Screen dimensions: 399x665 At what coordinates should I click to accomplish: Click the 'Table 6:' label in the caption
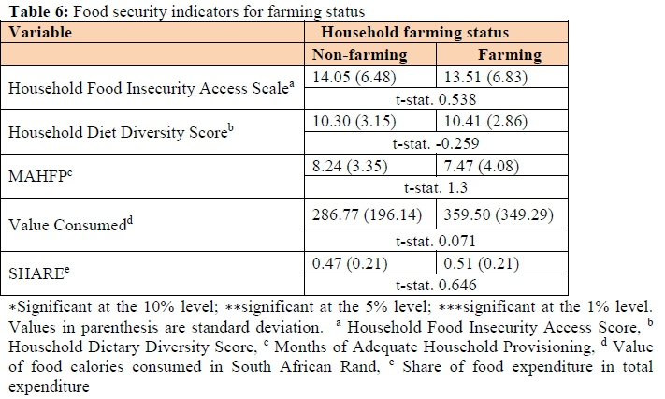(x=31, y=11)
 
